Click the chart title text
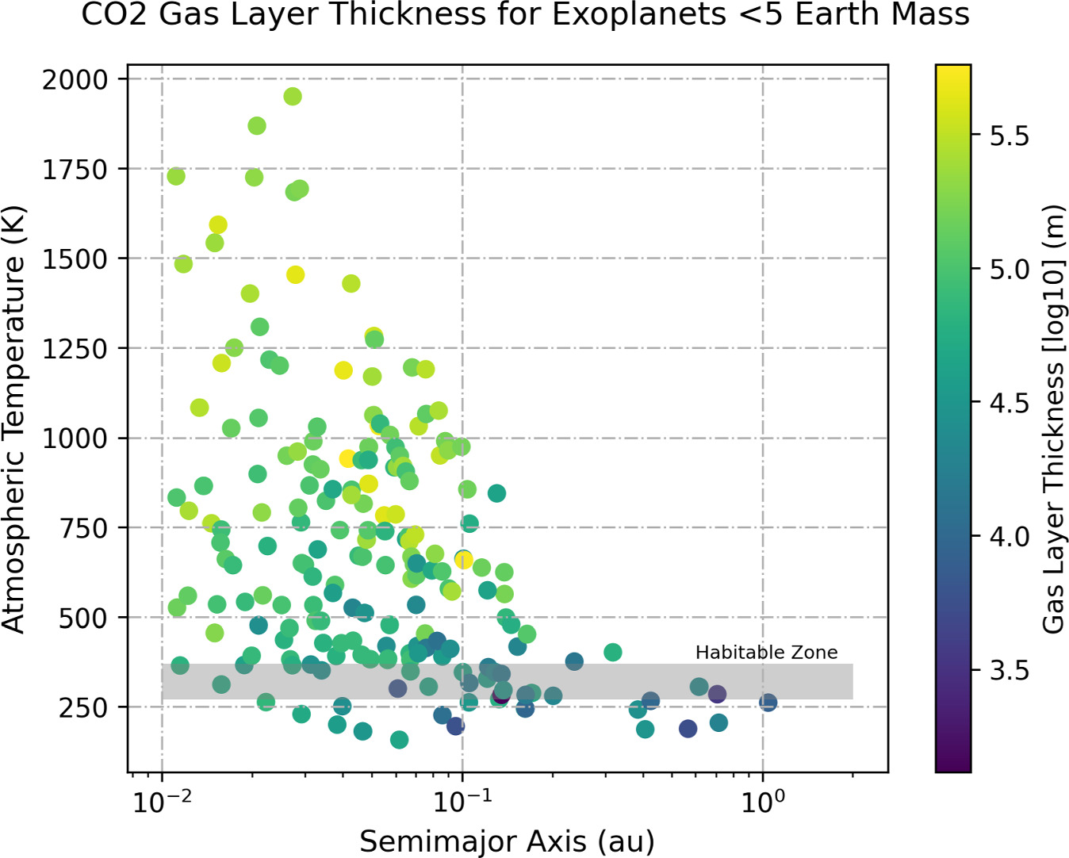[525, 15]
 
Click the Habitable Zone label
[766, 653]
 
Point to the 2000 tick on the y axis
[75, 79]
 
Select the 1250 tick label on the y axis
[75, 348]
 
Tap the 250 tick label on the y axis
[83, 707]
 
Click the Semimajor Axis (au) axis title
[508, 841]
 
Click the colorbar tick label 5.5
[1010, 136]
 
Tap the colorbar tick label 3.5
[1010, 671]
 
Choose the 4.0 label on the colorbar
[1010, 537]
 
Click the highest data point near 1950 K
[293, 96]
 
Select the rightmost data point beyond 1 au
[768, 703]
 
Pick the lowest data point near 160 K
[400, 740]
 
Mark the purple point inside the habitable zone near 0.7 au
[717, 694]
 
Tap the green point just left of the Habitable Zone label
[612, 653]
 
